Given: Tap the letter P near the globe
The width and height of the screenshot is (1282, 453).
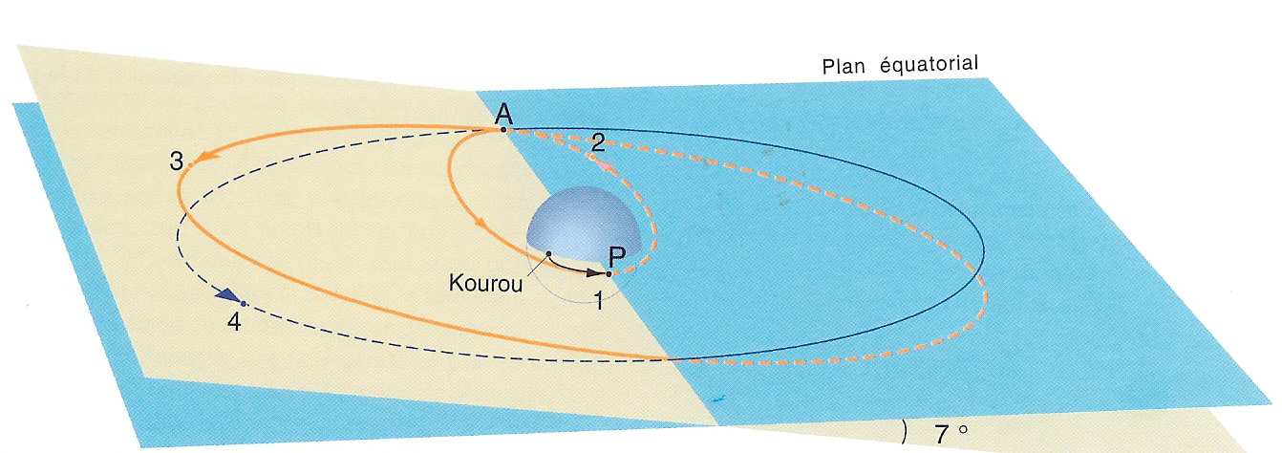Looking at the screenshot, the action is [617, 255].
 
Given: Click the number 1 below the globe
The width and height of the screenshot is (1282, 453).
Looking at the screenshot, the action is [598, 301].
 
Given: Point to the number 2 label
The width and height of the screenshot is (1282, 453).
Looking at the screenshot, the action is [597, 144].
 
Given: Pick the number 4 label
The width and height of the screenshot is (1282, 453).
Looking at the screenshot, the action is [234, 321].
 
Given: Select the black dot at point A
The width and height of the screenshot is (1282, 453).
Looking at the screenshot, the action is [503, 129].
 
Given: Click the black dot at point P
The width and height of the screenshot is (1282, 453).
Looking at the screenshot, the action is [609, 274].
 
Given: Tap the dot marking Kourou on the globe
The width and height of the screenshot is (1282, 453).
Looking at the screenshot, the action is [549, 253].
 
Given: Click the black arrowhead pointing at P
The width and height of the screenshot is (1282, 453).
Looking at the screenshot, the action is [591, 272].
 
